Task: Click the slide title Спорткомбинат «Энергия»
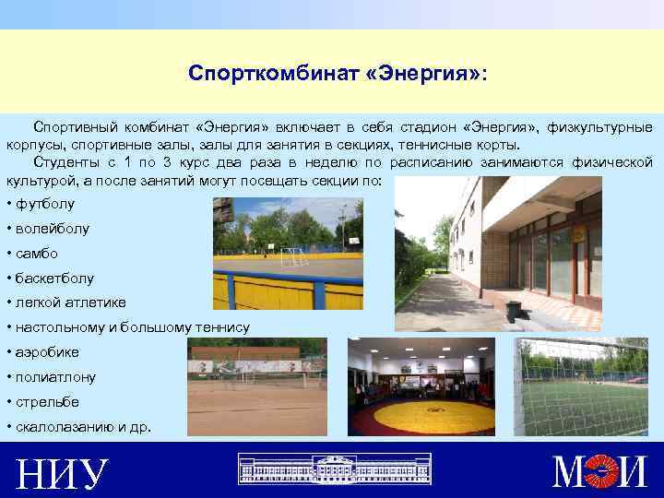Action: pyautogui.click(x=338, y=72)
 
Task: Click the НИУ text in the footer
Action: pyautogui.click(x=63, y=473)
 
